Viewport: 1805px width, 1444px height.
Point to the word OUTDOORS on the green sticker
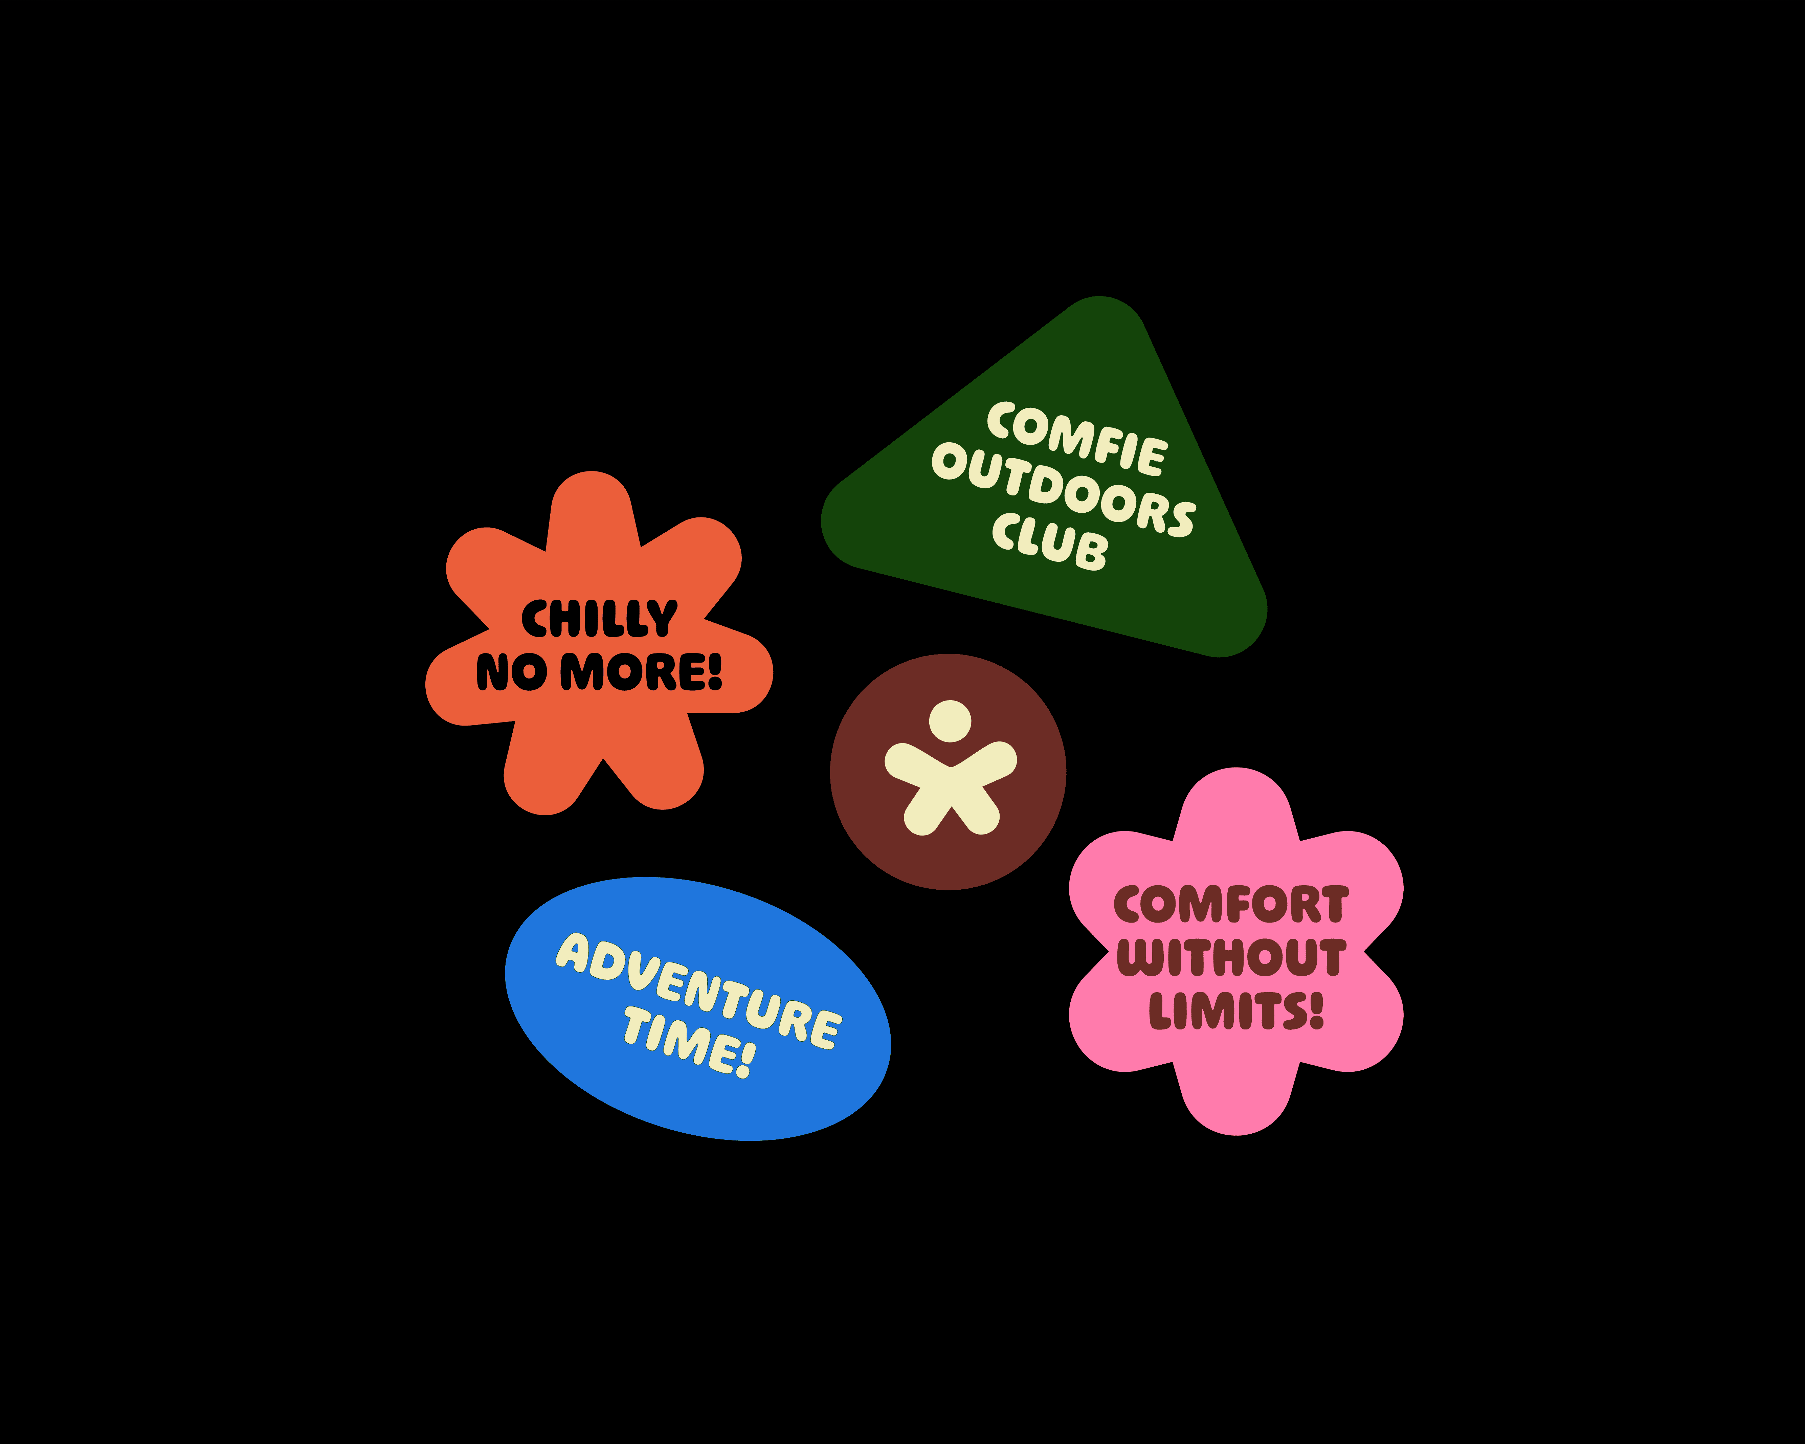pos(1063,490)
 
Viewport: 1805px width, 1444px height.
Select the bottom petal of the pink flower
pos(1236,1096)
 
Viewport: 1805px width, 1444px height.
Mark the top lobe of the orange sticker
pos(592,507)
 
